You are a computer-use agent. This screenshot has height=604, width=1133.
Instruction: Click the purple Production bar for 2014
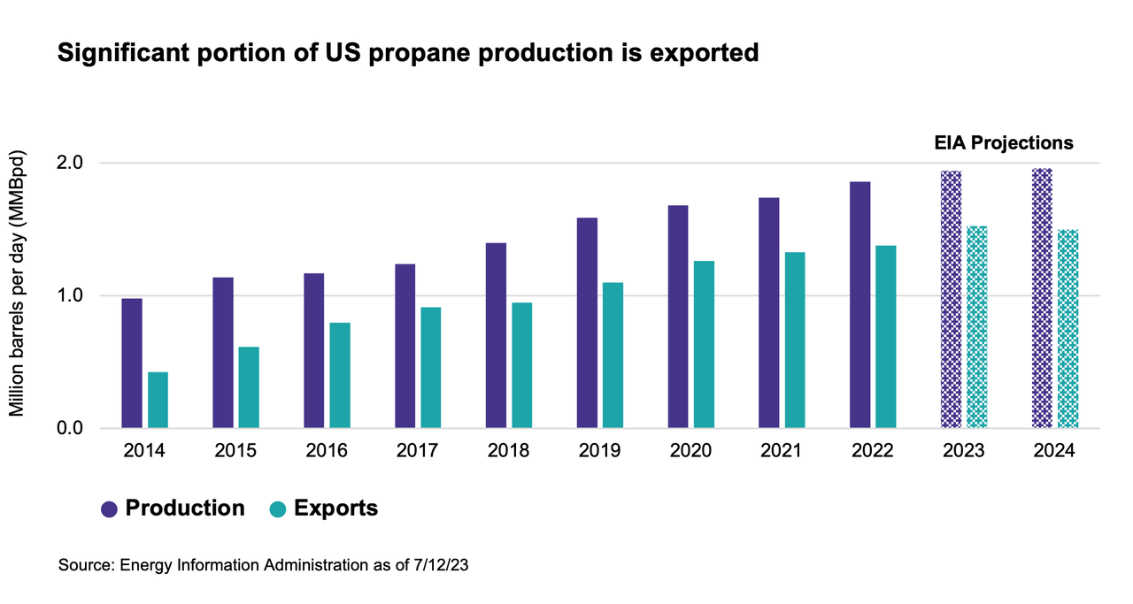click(x=132, y=363)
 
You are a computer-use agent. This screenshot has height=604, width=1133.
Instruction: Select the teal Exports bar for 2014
click(x=158, y=401)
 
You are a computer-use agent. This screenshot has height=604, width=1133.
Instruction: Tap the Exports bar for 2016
click(x=340, y=376)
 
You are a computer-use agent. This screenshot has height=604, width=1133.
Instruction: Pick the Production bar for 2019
click(x=587, y=323)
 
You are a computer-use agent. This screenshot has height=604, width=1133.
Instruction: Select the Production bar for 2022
click(x=860, y=305)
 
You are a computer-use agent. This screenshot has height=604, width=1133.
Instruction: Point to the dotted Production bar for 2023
click(x=951, y=300)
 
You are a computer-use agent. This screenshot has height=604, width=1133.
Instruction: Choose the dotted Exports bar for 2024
click(x=1067, y=329)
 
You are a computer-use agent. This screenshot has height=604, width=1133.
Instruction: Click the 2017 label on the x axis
click(x=418, y=451)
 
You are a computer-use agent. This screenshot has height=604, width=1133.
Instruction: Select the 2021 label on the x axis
click(x=782, y=451)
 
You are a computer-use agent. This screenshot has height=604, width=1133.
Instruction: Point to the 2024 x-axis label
click(x=1054, y=451)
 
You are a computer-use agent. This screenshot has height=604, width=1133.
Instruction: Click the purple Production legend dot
click(x=110, y=509)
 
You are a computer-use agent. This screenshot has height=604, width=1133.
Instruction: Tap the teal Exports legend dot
click(x=278, y=509)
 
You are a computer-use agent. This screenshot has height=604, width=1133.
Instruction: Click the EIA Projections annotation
click(x=1004, y=142)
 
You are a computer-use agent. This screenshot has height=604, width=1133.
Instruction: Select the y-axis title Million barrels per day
click(x=17, y=283)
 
